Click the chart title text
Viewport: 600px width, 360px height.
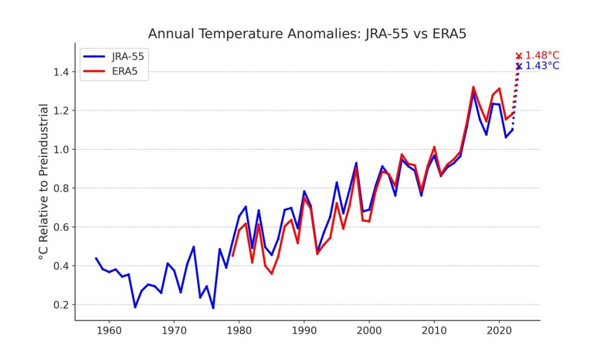[x=307, y=33]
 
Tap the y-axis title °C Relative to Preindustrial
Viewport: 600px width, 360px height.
[x=43, y=182]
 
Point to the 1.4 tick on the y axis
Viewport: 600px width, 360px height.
[x=60, y=72]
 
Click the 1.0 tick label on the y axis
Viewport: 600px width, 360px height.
[x=60, y=150]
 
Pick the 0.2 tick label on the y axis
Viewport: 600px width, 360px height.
[x=60, y=305]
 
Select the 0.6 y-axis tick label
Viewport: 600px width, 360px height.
[x=60, y=227]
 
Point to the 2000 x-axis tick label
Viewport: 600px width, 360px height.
[x=369, y=331]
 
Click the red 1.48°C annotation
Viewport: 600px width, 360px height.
[x=542, y=56]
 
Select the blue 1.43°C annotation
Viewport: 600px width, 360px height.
[x=542, y=66]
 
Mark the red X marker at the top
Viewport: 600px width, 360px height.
[x=518, y=56]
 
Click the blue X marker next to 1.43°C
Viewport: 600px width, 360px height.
[x=518, y=66]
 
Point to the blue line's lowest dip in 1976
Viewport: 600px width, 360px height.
[x=213, y=308]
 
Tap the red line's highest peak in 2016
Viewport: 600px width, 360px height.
[x=473, y=87]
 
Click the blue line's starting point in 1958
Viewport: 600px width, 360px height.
[x=96, y=258]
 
